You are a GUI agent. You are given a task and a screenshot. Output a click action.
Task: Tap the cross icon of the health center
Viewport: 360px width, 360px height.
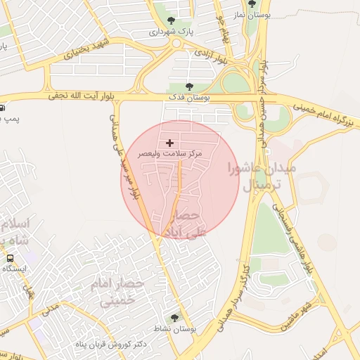[170, 143]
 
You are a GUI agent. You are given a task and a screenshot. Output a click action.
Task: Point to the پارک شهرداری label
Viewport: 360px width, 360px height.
[172, 32]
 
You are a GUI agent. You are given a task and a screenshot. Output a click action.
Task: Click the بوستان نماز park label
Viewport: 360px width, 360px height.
[255, 14]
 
